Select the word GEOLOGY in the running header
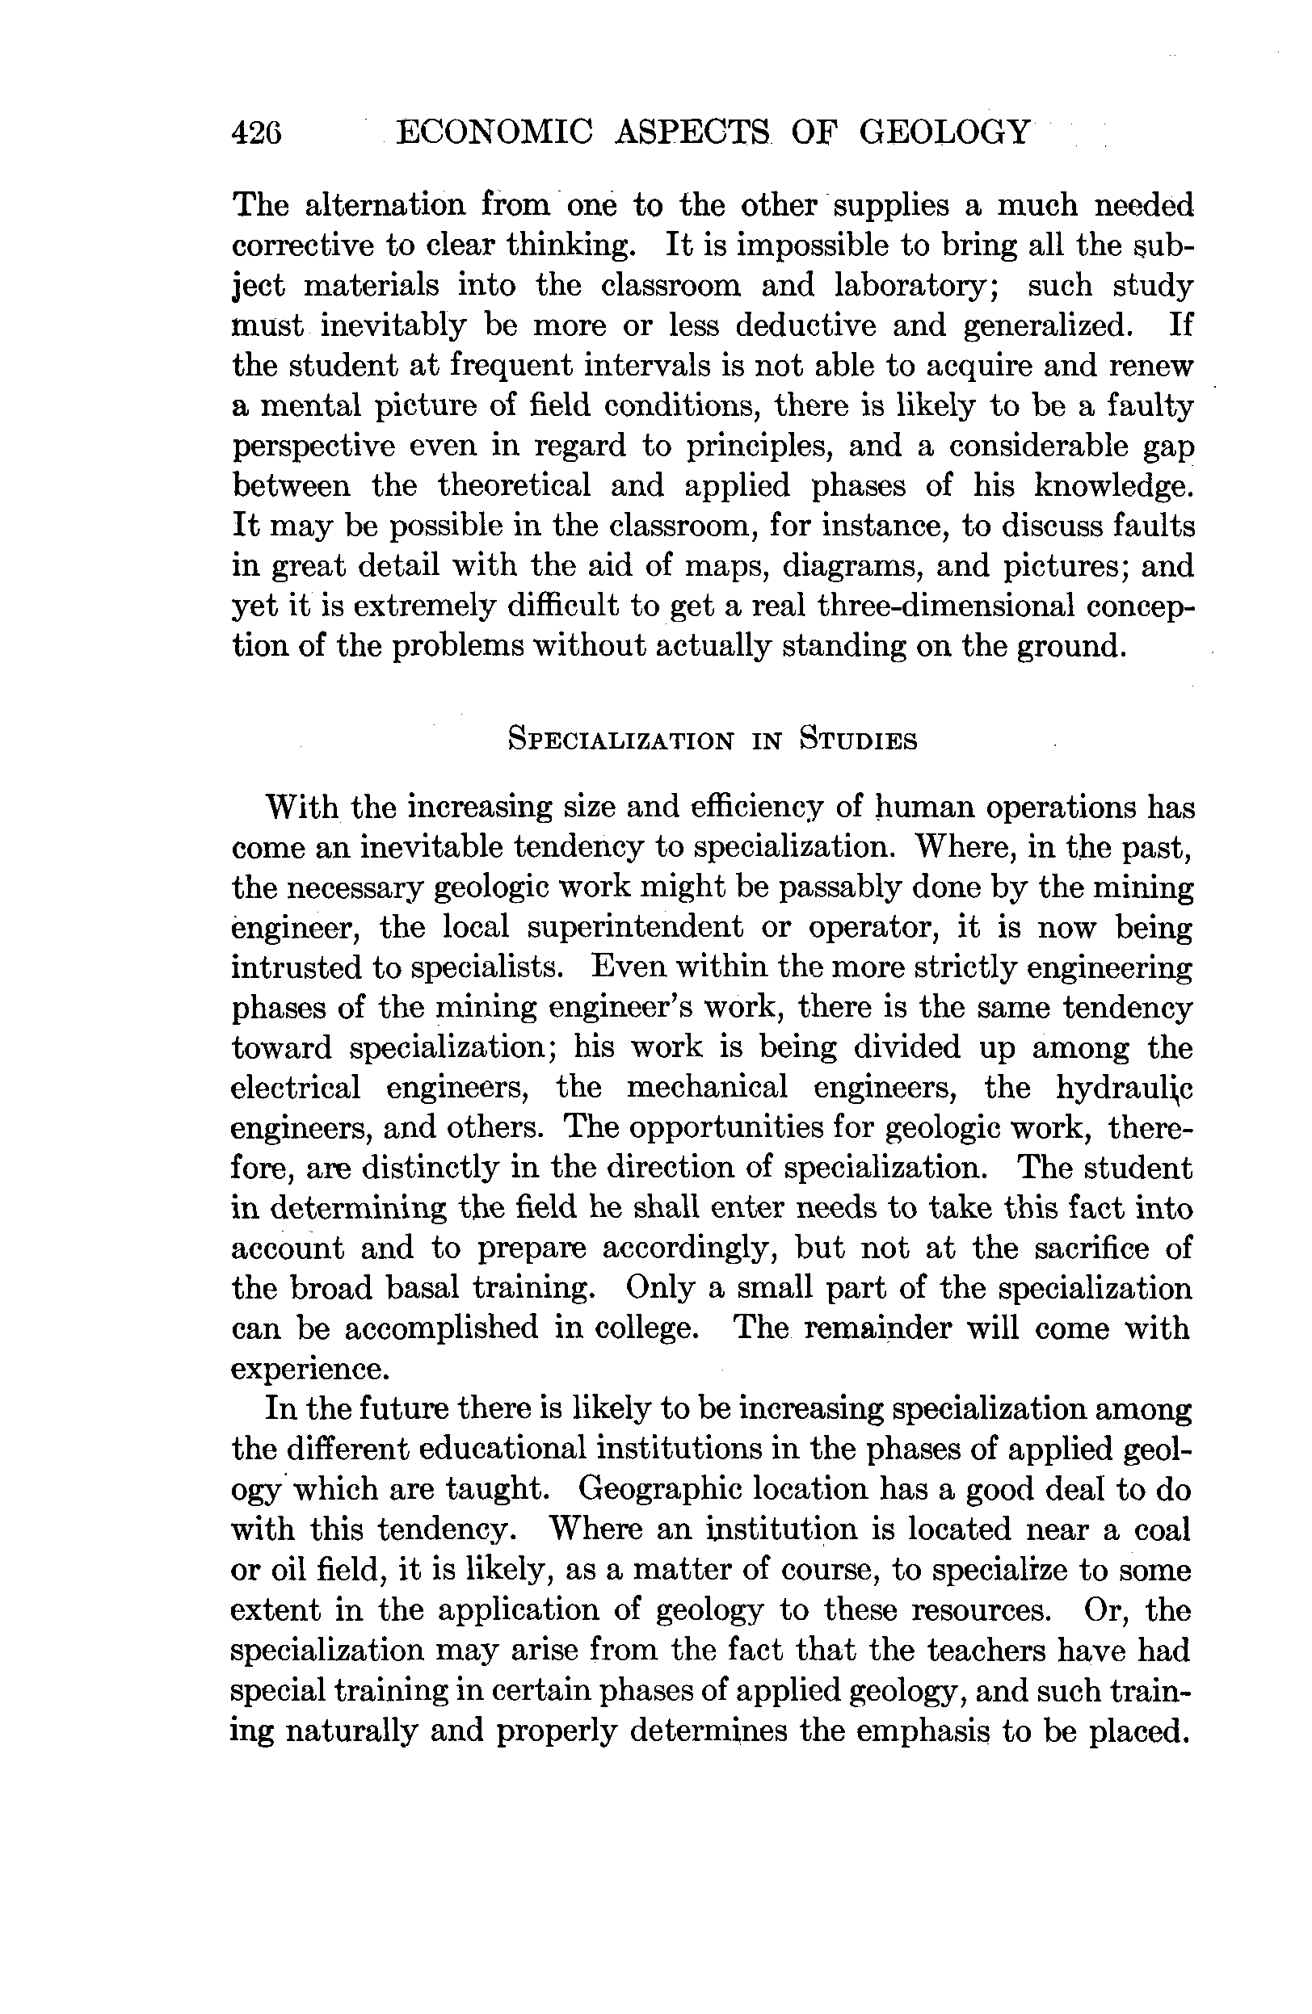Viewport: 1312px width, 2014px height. (944, 133)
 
